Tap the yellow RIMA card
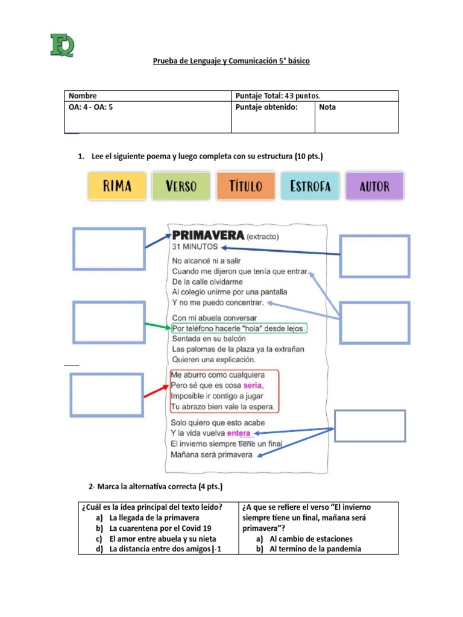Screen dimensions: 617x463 click(118, 186)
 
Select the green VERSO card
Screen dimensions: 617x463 click(181, 186)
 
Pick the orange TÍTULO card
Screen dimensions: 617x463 click(246, 186)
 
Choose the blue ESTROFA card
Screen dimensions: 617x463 click(310, 186)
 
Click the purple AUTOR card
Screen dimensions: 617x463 click(374, 186)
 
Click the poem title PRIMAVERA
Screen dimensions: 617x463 click(208, 235)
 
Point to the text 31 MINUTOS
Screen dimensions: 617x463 click(195, 247)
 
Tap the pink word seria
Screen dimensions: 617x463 click(253, 385)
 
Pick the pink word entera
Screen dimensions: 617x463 click(240, 433)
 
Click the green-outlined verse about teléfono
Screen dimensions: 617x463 click(239, 328)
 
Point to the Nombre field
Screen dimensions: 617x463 click(148, 96)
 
